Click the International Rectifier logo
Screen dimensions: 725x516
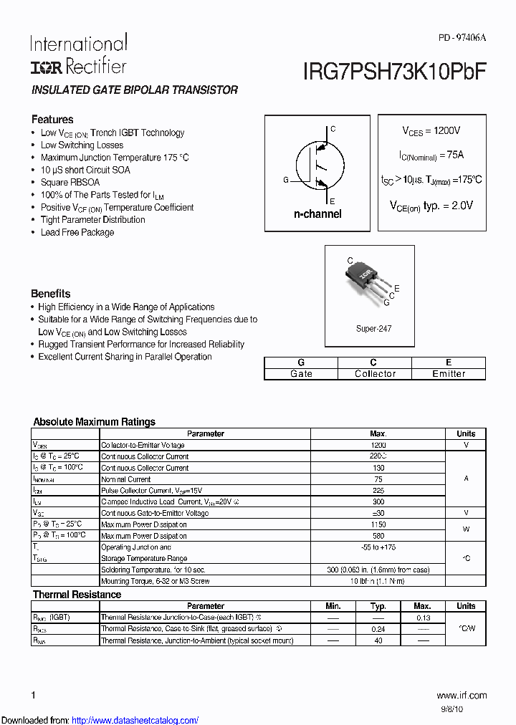pos(78,54)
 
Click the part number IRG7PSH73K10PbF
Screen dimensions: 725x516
pos(394,69)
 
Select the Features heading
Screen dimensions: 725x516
pos(52,120)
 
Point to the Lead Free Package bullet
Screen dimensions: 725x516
pos(77,232)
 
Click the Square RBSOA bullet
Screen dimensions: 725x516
pos(70,182)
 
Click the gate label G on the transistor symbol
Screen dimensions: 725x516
pos(286,180)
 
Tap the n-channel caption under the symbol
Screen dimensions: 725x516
pos(317,213)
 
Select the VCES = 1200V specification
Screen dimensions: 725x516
pos(431,131)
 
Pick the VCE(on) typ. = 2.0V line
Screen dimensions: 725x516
pos(431,206)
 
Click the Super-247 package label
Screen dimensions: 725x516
pos(373,329)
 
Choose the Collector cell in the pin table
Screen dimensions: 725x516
pos(374,374)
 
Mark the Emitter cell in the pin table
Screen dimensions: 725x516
pos(449,374)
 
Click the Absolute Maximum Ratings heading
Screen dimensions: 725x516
pos(94,422)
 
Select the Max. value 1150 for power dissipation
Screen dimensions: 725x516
pos(378,524)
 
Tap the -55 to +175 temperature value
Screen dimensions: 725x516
pos(378,547)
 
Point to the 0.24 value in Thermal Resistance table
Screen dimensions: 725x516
pos(378,629)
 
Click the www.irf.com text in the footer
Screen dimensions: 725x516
pos(461,695)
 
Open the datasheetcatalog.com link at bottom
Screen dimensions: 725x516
pos(135,720)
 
